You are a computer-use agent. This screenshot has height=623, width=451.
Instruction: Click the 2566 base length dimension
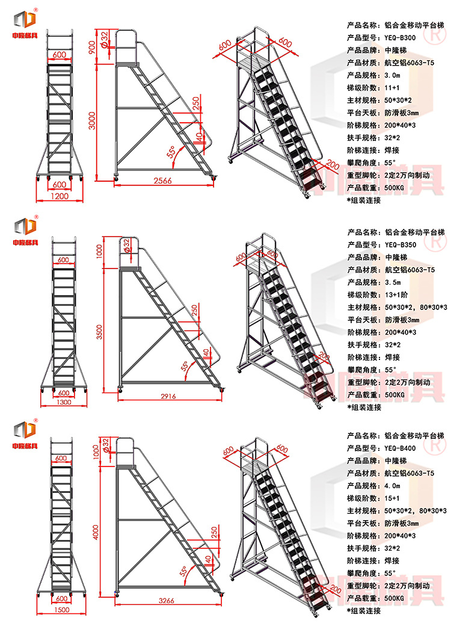click(x=163, y=180)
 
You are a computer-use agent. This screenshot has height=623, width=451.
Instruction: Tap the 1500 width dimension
click(x=60, y=609)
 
